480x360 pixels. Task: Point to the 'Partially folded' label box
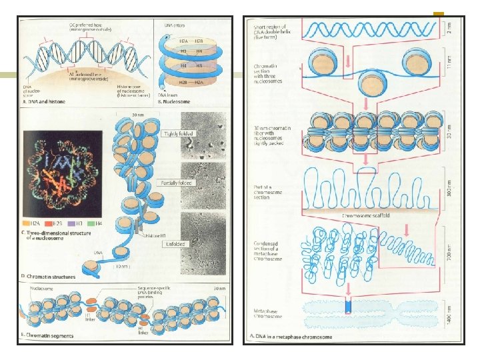[175, 183]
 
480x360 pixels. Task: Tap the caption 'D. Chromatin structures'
[50, 275]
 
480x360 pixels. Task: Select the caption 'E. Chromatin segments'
[49, 339]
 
